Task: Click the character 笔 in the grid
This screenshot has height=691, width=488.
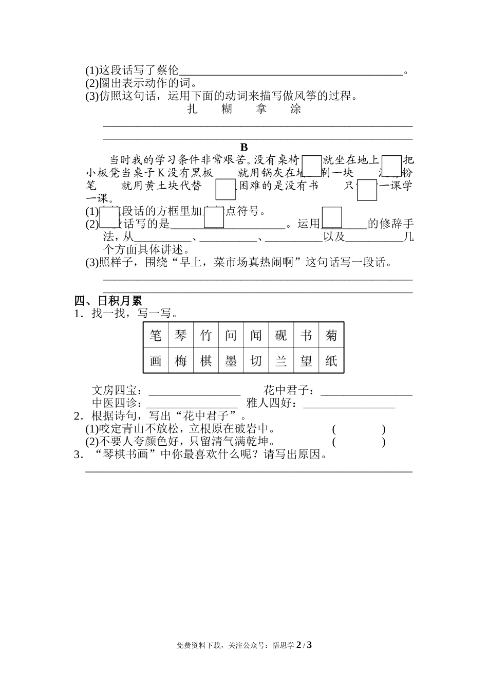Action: pos(156,336)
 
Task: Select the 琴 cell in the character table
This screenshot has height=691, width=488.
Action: pos(181,336)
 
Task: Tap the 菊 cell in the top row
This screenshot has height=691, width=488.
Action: pos(331,336)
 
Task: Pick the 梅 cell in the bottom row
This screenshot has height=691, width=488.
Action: pos(181,361)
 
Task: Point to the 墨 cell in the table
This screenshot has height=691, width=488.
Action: pos(231,361)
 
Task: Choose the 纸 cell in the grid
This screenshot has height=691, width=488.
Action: pos(331,361)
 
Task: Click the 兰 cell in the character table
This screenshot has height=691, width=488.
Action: pos(281,361)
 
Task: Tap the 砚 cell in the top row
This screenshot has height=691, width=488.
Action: pos(281,336)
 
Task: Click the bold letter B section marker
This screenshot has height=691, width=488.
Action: pos(244,148)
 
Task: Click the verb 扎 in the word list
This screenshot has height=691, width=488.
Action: pos(191,109)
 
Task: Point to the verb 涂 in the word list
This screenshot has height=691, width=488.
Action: pos(295,109)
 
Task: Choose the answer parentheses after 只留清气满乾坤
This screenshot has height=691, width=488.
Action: pos(359,442)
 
